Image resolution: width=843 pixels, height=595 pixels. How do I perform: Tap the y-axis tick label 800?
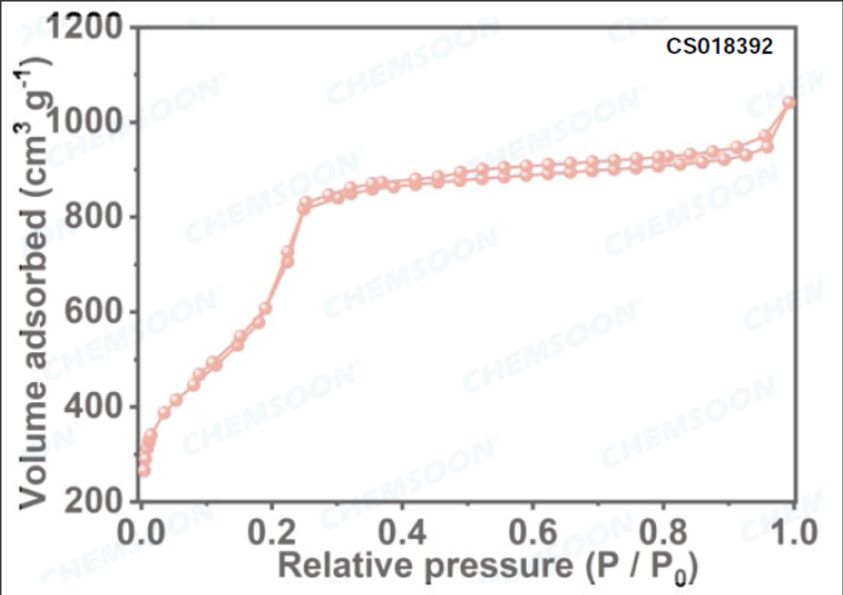[104, 218]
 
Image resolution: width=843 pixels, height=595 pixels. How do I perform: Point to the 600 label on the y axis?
[104, 312]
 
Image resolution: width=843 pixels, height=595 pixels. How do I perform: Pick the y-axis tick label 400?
[104, 407]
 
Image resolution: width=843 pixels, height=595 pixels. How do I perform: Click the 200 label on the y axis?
[104, 500]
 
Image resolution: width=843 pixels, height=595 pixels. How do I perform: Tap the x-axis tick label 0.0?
[142, 528]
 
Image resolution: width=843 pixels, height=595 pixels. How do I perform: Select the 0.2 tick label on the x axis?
[273, 528]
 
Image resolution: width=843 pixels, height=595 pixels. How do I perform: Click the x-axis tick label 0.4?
[402, 528]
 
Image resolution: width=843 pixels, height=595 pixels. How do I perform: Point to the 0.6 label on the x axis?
[532, 528]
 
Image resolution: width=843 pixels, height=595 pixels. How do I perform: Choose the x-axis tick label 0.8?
[662, 528]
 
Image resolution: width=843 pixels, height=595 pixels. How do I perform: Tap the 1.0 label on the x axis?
[791, 528]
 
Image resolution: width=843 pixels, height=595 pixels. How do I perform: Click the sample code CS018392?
[719, 46]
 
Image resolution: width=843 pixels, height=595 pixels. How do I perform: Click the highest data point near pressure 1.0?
[790, 102]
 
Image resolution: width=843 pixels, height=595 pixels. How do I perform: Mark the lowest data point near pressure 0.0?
[143, 470]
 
